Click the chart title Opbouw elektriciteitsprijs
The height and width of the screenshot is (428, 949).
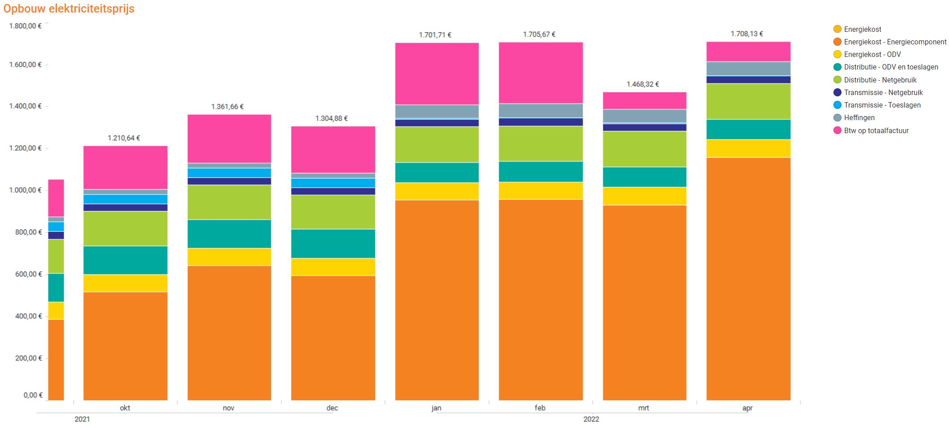tap(69, 9)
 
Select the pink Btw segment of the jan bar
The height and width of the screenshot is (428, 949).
tap(437, 74)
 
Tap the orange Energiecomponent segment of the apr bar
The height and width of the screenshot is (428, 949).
tap(748, 278)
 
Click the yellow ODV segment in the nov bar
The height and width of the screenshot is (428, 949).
tap(229, 257)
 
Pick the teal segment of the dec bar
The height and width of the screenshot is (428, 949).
tap(333, 244)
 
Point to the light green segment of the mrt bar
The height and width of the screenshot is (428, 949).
tap(644, 149)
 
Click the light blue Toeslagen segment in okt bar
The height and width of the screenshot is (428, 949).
tap(125, 199)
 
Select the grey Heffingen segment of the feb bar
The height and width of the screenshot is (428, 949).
tap(541, 110)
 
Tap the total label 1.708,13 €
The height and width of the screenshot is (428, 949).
tap(747, 34)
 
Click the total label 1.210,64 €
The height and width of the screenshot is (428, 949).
tap(124, 138)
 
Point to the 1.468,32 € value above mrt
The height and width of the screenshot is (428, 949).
tap(643, 84)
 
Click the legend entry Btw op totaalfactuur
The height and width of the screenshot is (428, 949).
tap(876, 131)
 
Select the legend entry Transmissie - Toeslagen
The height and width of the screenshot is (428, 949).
tap(882, 105)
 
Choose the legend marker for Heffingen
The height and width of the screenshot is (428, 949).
tap(837, 118)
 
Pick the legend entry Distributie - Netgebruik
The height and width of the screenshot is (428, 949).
tap(880, 80)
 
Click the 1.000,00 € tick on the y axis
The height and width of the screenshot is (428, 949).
tap(25, 190)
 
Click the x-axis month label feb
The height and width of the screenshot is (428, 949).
tap(540, 408)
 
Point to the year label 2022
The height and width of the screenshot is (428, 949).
tap(591, 419)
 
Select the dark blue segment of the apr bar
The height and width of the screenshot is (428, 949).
tap(748, 80)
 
